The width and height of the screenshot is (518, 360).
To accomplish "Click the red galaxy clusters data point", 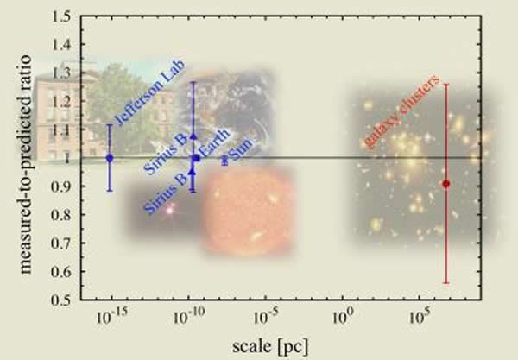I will [445, 184].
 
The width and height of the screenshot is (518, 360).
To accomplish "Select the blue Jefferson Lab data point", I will [110, 158].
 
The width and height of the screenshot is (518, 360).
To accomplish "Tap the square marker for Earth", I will [197, 158].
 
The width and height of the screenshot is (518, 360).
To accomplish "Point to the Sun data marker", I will [225, 160].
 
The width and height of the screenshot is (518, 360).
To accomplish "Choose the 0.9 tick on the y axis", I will [62, 186].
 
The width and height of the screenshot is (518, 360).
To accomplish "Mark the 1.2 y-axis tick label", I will [62, 102].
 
